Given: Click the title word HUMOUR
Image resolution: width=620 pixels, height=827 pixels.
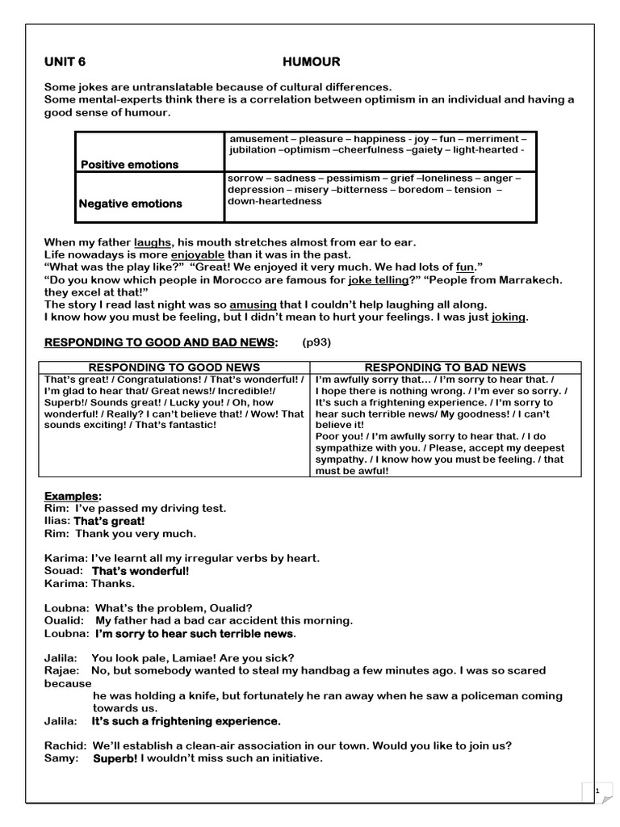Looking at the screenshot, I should (x=311, y=61).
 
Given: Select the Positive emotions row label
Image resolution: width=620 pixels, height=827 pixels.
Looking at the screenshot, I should (x=129, y=165).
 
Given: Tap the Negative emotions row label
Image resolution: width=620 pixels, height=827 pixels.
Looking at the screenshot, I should (x=130, y=204).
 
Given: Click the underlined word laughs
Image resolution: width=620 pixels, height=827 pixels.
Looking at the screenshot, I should (x=153, y=242).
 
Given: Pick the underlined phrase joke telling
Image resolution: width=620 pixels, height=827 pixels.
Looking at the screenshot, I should (x=375, y=279).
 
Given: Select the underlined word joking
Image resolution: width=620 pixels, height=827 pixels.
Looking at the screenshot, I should (x=509, y=317).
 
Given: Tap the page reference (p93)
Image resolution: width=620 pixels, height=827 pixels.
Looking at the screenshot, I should (x=316, y=342).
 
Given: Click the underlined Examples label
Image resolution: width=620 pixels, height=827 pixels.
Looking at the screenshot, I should (x=73, y=496).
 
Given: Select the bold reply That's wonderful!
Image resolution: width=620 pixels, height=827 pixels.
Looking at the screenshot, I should (x=140, y=571).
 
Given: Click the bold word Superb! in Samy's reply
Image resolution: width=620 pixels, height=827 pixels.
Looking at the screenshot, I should (x=115, y=758).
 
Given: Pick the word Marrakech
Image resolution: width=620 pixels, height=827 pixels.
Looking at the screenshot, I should (x=526, y=279).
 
